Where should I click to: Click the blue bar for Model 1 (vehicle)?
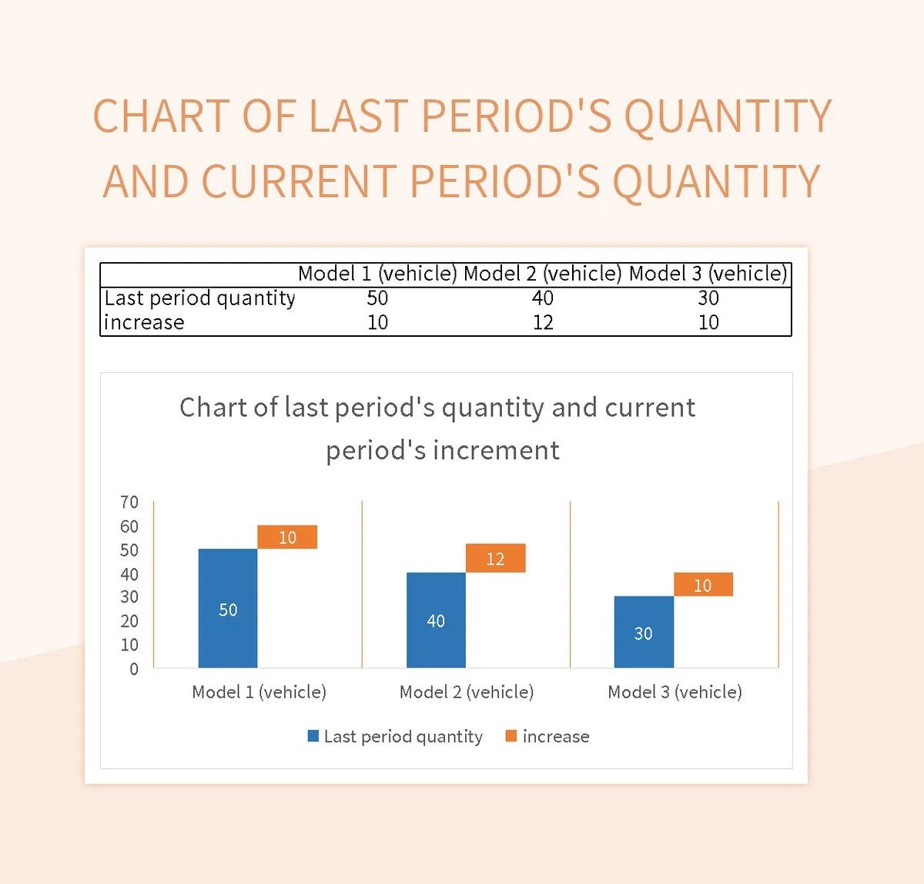pyautogui.click(x=228, y=608)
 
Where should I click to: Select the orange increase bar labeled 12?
pyautogui.click(x=495, y=558)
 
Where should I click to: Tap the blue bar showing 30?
pyautogui.click(x=644, y=632)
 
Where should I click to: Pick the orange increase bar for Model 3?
pyautogui.click(x=703, y=584)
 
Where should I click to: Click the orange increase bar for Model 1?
pyautogui.click(x=287, y=536)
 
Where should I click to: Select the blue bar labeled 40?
pyautogui.click(x=436, y=620)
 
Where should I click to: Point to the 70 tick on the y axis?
pyautogui.click(x=129, y=503)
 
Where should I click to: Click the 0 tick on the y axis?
pyautogui.click(x=134, y=669)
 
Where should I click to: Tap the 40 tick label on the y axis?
pyautogui.click(x=129, y=574)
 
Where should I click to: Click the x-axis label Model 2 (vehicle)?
pyautogui.click(x=467, y=692)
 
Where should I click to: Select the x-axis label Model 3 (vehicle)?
pyautogui.click(x=675, y=692)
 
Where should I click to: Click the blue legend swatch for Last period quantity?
pyautogui.click(x=313, y=736)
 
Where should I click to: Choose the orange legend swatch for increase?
pyautogui.click(x=511, y=736)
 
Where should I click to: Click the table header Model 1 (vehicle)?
pyautogui.click(x=377, y=274)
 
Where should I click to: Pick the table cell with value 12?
pyautogui.click(x=543, y=322)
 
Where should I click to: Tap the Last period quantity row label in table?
pyautogui.click(x=199, y=298)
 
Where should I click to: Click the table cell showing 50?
pyautogui.click(x=377, y=298)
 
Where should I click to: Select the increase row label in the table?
pyautogui.click(x=144, y=322)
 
